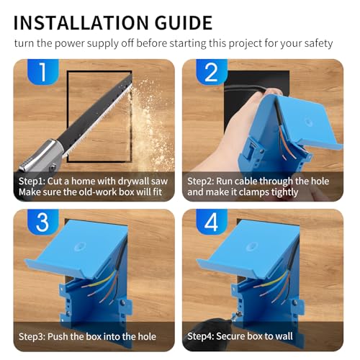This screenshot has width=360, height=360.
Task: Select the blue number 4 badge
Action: pos(210,224)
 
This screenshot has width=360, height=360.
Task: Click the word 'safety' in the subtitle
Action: pos(317,43)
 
